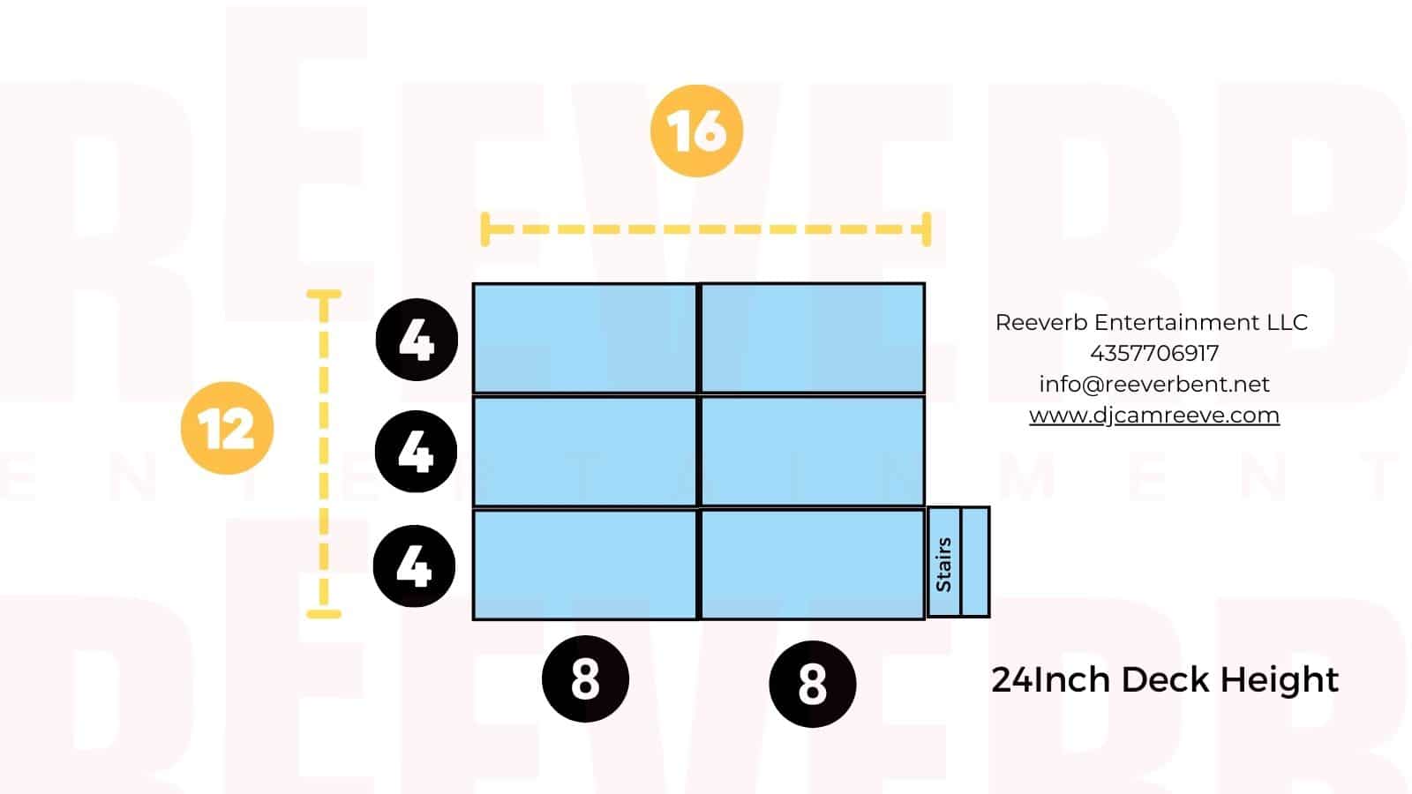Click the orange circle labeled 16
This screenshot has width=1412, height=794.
696,131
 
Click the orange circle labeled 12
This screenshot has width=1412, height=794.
227,428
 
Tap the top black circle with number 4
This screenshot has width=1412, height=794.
417,339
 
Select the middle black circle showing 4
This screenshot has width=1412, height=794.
416,451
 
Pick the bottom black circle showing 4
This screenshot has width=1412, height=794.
414,566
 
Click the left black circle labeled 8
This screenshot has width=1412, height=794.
585,678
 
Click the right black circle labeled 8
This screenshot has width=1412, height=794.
813,684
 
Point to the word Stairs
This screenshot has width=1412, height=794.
943,565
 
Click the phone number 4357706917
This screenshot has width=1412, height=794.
1154,354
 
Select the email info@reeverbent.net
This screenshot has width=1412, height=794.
1154,385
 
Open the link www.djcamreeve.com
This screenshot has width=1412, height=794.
1154,416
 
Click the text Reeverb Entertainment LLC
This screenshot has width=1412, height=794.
1152,323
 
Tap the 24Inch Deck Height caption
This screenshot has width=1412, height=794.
1165,680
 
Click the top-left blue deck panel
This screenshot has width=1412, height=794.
585,339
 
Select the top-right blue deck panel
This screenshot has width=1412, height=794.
813,339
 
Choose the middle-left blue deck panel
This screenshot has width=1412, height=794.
585,451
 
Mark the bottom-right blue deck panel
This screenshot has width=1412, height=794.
813,565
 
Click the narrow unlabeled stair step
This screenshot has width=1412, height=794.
975,562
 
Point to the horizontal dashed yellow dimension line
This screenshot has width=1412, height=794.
706,229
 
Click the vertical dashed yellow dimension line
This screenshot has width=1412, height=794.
324,453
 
